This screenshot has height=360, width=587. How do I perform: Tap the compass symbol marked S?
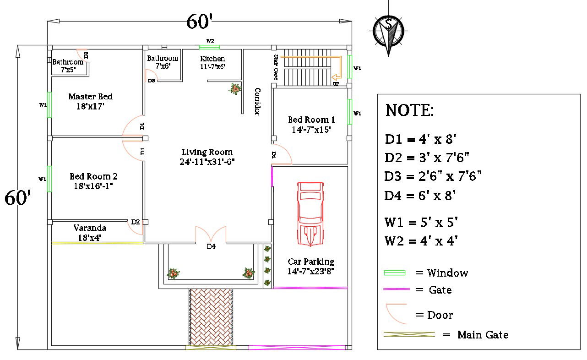388,31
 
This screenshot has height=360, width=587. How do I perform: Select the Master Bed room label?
90,97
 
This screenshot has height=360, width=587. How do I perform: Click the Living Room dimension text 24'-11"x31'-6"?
207,161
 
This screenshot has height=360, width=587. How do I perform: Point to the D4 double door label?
211,246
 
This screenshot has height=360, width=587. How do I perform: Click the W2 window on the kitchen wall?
209,46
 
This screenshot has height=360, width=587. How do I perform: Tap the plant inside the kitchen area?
235,88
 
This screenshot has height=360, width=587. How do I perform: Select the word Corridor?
257,101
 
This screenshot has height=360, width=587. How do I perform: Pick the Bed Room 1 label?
311,120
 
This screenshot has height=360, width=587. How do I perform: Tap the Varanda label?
90,228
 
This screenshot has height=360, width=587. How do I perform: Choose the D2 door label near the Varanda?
136,222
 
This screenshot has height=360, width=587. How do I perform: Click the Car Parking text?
311,262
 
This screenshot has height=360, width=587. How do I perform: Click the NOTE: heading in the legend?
409,110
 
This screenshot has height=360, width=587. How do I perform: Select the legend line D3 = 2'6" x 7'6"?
433,176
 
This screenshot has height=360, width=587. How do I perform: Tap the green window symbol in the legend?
394,273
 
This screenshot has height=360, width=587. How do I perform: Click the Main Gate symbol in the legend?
409,335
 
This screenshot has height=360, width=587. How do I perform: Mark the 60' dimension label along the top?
199,21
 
